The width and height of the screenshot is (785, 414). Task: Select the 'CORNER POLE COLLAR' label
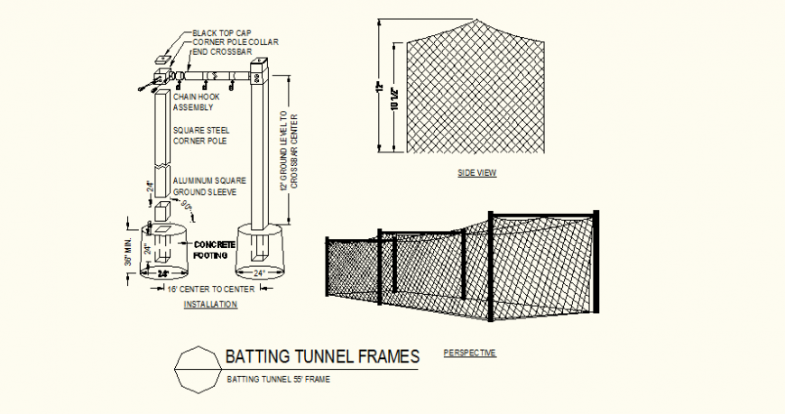coord(235,42)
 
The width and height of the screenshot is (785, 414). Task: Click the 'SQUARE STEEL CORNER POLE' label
coord(200,135)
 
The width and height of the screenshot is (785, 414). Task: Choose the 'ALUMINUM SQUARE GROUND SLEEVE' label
coord(206,187)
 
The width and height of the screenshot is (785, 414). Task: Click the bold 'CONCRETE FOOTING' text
coord(215,249)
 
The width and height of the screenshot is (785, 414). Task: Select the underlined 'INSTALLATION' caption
coord(210,305)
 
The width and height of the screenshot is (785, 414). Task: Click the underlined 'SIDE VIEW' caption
coord(477,173)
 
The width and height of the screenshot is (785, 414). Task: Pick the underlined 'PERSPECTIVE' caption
coord(470,353)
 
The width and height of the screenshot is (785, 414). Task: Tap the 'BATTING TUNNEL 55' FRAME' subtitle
coord(278,379)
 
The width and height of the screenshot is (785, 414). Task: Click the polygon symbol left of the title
coord(196,369)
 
